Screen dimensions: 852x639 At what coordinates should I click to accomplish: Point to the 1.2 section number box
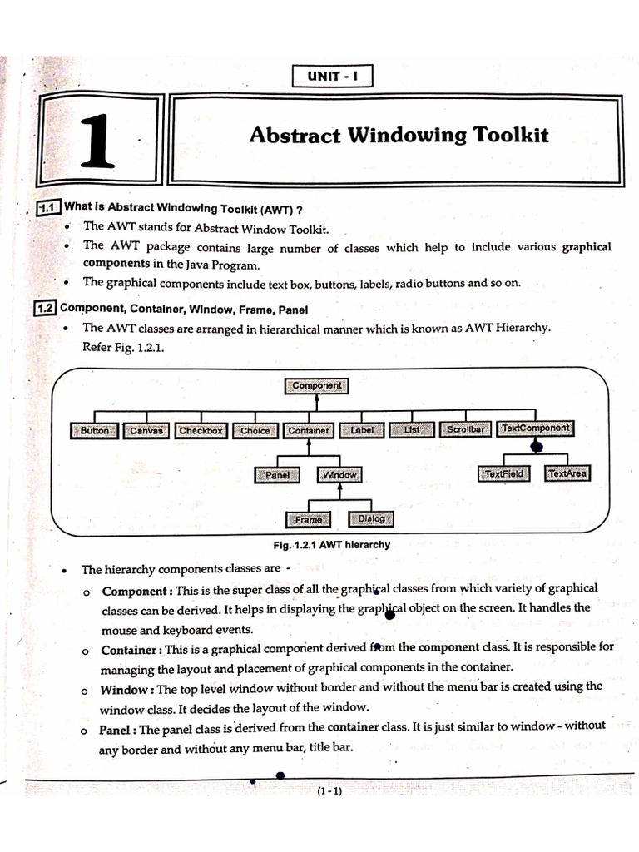(44, 308)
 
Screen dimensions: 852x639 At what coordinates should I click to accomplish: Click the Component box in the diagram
(317, 386)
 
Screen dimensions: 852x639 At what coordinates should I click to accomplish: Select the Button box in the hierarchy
(95, 431)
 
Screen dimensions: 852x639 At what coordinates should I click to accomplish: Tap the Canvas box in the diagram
(146, 431)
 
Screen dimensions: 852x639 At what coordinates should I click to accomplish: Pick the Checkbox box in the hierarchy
(201, 431)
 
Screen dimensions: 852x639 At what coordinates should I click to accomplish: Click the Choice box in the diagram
(255, 431)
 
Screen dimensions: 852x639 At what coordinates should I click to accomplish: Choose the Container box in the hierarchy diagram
(309, 431)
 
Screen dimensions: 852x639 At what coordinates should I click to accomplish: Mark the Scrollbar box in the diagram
(466, 430)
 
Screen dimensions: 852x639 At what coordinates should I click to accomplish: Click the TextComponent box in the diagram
(536, 428)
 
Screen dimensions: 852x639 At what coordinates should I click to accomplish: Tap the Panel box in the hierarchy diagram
(278, 475)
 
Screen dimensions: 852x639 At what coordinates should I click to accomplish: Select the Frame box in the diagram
(308, 520)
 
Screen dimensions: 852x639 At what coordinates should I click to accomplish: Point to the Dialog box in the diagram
(371, 519)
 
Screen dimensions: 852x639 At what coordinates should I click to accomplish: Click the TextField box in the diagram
(505, 474)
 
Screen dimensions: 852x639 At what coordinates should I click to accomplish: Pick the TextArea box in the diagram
(567, 474)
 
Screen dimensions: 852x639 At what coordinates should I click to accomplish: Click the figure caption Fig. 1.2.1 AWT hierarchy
(331, 545)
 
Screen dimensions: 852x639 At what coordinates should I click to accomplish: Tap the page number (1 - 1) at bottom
(329, 791)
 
